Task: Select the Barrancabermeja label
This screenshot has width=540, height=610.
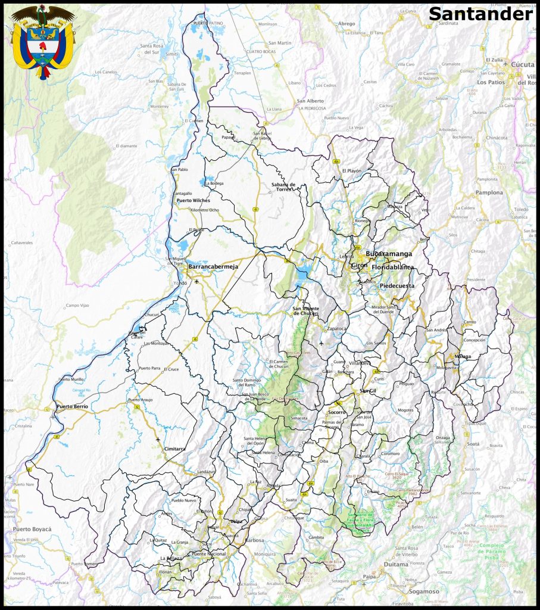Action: click(x=213, y=267)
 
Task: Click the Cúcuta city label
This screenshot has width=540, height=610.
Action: click(x=515, y=64)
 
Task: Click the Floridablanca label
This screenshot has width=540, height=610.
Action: click(x=392, y=267)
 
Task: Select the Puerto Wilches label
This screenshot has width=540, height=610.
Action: click(x=193, y=201)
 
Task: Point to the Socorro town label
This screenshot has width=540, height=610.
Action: click(x=338, y=412)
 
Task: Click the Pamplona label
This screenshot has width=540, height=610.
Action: click(x=489, y=193)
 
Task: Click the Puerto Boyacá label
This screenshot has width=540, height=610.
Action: click(x=32, y=529)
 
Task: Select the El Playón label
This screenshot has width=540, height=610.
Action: click(x=351, y=171)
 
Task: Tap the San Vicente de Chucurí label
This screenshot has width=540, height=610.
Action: click(x=305, y=311)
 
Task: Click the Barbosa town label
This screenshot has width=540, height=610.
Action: click(x=254, y=540)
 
